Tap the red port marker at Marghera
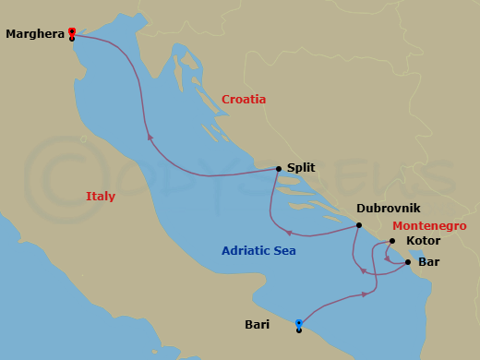[x=72, y=30]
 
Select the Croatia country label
[x=244, y=99]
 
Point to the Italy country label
[x=101, y=196]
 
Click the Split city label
[x=301, y=168]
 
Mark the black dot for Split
[x=279, y=168]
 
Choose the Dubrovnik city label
[x=394, y=209]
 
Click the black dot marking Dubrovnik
[x=358, y=224]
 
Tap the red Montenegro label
[x=429, y=225]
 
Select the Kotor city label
[x=424, y=241]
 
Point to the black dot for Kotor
[x=392, y=242]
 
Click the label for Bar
[x=428, y=262]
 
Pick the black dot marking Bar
[x=408, y=262]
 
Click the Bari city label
[x=258, y=324]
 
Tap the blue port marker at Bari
[x=299, y=322]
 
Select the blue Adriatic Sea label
[x=258, y=250]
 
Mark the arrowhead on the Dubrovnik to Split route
[x=289, y=233]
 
